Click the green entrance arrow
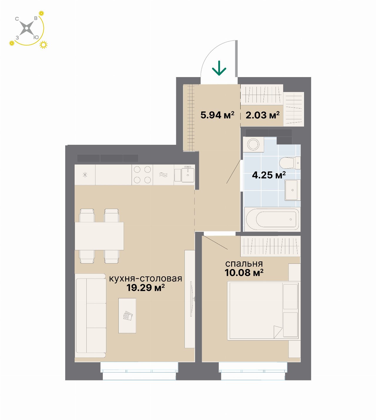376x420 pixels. coord(219,68)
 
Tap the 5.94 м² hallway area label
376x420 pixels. coord(217,115)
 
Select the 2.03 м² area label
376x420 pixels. coord(262,115)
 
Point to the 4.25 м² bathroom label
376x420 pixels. coord(269,175)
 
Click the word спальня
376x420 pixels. coord(244,264)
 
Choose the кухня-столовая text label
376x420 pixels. coord(145,279)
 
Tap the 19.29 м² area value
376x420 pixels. coord(145,288)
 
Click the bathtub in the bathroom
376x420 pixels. coord(272,219)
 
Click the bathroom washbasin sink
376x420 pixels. coord(293,190)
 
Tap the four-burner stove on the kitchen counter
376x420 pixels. coord(142,175)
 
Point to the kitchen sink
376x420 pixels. coord(188,175)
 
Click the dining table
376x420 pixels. coord(99,236)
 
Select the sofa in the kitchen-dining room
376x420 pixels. coord(90,316)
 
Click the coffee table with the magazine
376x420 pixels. coord(127,316)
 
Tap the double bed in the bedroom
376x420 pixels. coord(264,311)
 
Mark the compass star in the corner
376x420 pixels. coord(27,28)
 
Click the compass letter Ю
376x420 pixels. coord(36,37)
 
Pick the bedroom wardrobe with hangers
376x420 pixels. coord(271,246)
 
